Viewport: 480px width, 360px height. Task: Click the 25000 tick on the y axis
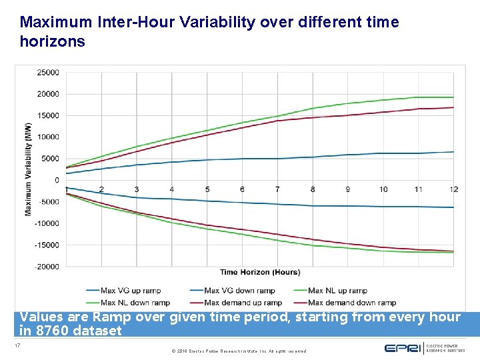coord(48,72)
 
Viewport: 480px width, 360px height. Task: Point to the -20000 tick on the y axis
coord(47,267)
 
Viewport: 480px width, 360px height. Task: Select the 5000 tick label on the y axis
coord(50,159)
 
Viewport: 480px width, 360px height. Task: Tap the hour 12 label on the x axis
coord(454,189)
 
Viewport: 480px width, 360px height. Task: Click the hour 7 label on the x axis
coord(277,189)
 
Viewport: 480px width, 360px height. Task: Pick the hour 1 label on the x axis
coord(67,189)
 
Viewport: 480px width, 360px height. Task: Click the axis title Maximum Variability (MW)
coord(29,169)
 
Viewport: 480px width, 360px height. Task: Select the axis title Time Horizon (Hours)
coord(260,272)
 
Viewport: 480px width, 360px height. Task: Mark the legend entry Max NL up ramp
coord(337,291)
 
